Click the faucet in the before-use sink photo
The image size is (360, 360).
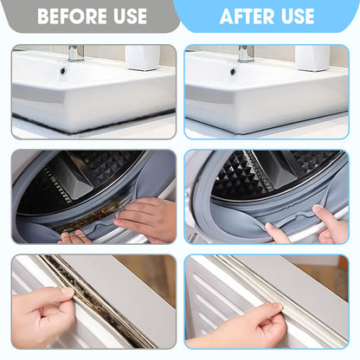pos(75,53)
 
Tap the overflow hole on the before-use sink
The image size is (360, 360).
pos(62,70)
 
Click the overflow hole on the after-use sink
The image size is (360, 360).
pos(233,70)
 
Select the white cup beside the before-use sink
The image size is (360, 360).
pos(144,58)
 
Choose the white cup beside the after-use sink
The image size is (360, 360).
pos(312,58)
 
